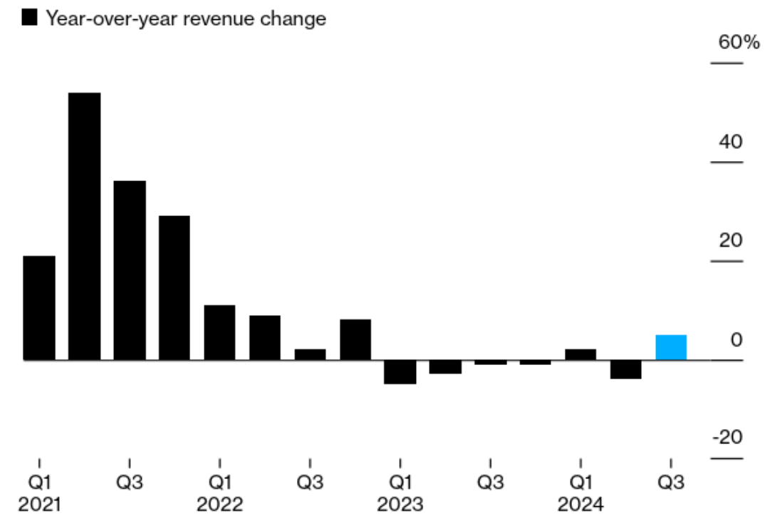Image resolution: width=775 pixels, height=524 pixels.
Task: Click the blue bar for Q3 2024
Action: coord(671,347)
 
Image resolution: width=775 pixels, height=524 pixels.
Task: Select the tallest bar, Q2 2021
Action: coord(84,226)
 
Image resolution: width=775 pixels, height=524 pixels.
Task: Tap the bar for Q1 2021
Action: coord(39,307)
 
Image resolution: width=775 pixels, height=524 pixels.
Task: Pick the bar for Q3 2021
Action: coord(130,270)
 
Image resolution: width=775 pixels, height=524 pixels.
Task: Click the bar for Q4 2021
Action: coord(175,287)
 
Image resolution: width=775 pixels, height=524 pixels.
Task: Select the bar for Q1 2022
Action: coord(219,332)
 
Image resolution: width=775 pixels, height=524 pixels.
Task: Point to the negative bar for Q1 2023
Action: coord(400,371)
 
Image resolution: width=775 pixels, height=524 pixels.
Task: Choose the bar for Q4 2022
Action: coord(355,339)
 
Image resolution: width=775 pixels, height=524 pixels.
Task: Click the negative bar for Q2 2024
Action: coord(626,369)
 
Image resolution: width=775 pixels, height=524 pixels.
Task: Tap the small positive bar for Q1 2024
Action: coord(581,354)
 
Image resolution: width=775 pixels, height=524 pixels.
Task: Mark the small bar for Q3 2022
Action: coord(310,354)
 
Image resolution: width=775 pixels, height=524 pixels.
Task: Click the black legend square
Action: coord(30,19)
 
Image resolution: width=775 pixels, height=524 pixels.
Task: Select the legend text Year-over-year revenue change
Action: coord(186,19)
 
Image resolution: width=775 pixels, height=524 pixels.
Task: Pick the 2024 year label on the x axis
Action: coord(581,505)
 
